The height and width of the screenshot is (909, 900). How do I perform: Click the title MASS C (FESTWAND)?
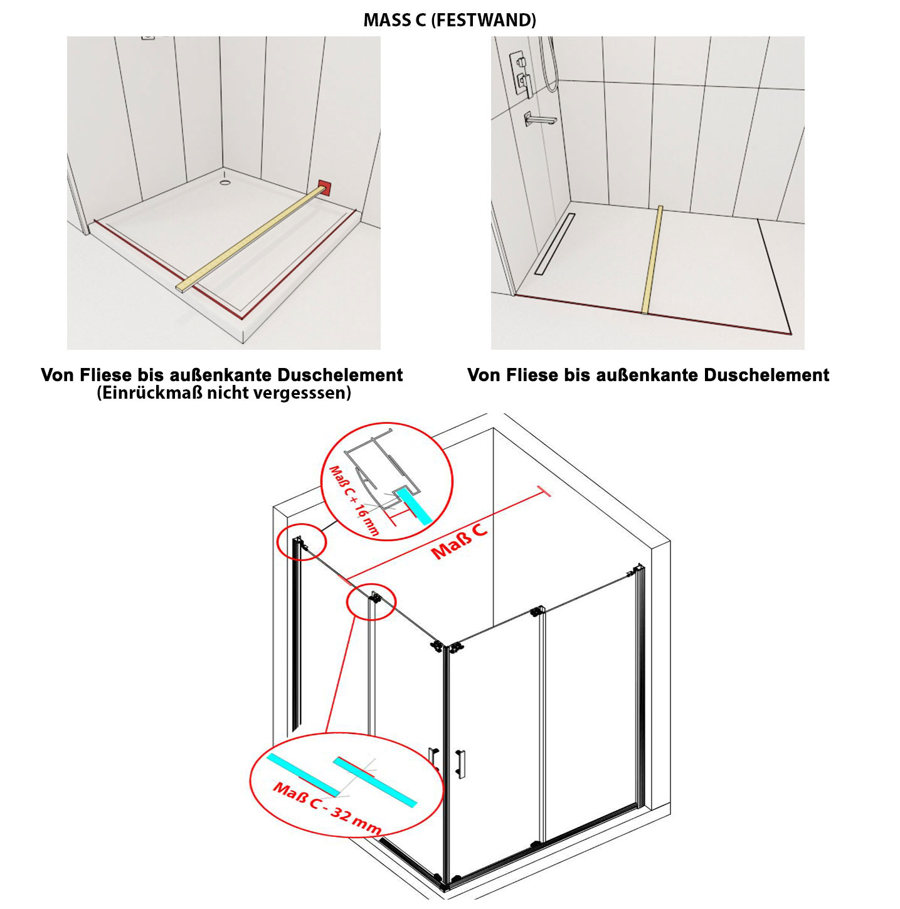coord(450,20)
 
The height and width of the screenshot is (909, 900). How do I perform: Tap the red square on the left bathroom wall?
coord(325,187)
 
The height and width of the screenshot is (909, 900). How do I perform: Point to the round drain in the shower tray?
coord(225,183)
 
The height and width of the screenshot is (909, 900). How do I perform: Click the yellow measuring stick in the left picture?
coord(251,239)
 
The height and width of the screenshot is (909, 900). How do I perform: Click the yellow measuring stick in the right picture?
coord(652,260)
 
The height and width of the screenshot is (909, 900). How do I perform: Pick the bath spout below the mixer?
coord(540,118)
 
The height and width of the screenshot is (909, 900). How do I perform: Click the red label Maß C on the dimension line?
coord(460,540)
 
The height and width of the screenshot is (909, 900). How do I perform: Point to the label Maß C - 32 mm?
coord(327,809)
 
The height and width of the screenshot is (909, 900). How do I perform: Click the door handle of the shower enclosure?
coord(462,764)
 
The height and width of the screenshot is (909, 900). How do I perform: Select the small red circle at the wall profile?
coord(301,542)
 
